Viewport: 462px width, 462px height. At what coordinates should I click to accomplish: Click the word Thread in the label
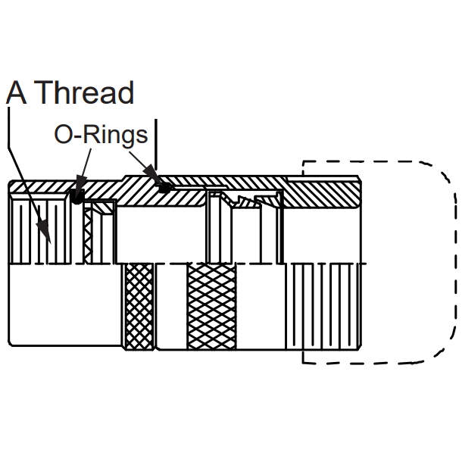pos(86,92)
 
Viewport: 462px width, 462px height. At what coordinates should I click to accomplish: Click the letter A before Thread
pos(16,92)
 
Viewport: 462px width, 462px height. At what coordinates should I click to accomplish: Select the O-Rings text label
pos(101,136)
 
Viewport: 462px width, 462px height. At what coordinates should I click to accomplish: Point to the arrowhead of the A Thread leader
pos(44,231)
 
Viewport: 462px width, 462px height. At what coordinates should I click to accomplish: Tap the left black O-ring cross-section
pos(77,196)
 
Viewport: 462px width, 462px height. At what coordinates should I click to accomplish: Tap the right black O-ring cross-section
pos(164,188)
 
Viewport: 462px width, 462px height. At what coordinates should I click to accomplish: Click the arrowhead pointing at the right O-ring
pos(153,176)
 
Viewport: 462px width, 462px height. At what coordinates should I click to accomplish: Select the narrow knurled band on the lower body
pos(139,307)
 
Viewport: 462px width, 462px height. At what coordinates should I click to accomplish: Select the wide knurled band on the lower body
pos(211,307)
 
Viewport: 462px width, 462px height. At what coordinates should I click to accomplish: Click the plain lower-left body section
pos(65,304)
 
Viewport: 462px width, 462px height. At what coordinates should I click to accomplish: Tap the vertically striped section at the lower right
pos(323,307)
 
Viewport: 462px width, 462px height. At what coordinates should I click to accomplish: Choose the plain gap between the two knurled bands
pos(170,307)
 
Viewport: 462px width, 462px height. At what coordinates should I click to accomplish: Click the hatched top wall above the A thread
pos(41,187)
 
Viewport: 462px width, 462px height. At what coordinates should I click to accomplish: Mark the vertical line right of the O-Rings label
pos(156,145)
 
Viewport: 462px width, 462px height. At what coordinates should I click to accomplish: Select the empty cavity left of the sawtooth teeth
pos(161,234)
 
